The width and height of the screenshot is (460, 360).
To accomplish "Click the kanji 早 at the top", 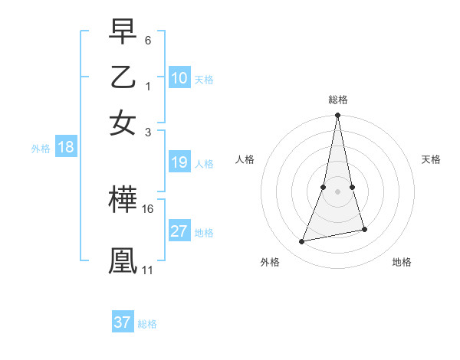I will (x=123, y=32).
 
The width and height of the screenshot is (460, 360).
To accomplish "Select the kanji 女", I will (x=123, y=122).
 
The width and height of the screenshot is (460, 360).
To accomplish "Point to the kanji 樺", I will (x=123, y=201).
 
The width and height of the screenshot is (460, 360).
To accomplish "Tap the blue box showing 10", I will (x=179, y=78).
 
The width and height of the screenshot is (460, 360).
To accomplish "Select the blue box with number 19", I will (x=179, y=162).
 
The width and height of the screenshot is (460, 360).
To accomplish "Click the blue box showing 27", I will (x=179, y=231).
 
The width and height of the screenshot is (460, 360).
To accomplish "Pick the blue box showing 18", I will (x=65, y=148).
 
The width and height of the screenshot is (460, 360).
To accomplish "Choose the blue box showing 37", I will (x=123, y=322).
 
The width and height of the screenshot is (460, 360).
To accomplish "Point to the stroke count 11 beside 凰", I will (x=147, y=270).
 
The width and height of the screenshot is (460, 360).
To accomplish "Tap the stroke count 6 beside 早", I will (x=148, y=40).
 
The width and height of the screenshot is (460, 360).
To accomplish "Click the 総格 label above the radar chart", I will (x=337, y=99).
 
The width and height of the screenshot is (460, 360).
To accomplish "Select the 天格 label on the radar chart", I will (x=432, y=159).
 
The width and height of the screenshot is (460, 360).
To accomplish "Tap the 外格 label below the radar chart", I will (x=270, y=262).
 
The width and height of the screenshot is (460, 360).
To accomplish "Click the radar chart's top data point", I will (x=337, y=116).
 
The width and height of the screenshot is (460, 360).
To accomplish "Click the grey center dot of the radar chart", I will (x=337, y=191).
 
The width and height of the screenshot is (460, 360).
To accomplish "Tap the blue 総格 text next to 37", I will (x=147, y=324).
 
